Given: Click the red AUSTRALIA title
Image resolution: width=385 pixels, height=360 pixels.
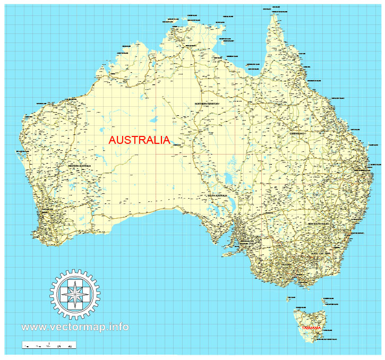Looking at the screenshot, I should [139, 141].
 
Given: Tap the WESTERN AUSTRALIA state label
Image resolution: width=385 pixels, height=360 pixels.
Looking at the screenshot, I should [80, 166].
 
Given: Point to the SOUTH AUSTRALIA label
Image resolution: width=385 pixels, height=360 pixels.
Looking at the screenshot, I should [217, 196].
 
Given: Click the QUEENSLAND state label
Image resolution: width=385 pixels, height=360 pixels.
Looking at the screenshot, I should [297, 134].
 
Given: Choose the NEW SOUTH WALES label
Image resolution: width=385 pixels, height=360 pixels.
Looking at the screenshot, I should [319, 224].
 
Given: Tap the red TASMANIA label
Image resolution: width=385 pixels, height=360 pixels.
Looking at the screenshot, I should [311, 328].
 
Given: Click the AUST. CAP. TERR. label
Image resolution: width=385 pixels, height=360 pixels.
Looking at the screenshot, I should [321, 254].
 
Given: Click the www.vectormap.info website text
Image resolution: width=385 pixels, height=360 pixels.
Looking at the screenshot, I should [75, 327].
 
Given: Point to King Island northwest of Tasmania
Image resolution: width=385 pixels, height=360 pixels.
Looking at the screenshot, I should [290, 299].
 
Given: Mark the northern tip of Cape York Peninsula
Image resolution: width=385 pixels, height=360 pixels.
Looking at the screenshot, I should [275, 15].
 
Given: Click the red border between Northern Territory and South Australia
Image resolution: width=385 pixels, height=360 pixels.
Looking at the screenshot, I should [202, 154].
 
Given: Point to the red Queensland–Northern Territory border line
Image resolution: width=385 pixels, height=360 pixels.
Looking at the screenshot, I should [235, 106].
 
